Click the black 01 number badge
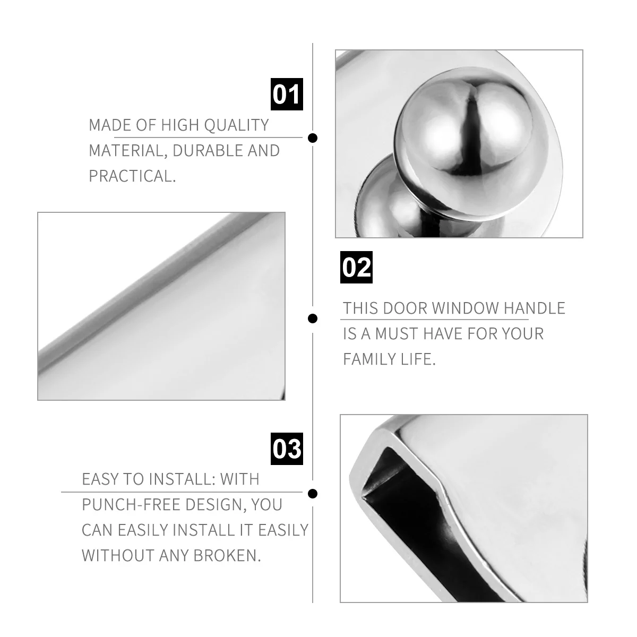click(x=287, y=94)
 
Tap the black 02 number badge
click(x=356, y=267)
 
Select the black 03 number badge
click(x=287, y=449)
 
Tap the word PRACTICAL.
click(x=132, y=176)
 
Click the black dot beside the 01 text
click(x=313, y=138)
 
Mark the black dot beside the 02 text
click(x=313, y=318)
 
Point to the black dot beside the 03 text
click(x=313, y=494)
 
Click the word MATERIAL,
click(x=128, y=151)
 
